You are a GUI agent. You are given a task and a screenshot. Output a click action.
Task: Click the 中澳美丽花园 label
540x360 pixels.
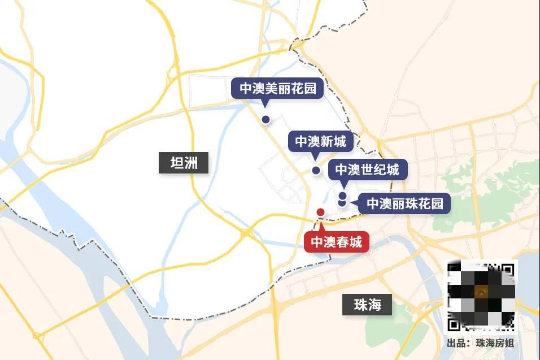[277, 89]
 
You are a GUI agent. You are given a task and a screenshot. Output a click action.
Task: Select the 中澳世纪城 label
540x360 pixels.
[367, 170]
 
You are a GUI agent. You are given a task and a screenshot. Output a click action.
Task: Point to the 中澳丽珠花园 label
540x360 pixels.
[404, 203]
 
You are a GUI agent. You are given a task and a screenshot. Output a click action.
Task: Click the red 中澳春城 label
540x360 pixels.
[337, 242]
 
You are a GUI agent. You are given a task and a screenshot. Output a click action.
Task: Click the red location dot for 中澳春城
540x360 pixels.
[320, 212]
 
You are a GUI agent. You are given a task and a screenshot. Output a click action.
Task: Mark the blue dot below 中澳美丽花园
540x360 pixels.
[265, 119]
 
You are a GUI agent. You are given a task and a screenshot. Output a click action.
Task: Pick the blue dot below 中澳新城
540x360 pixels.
[316, 170]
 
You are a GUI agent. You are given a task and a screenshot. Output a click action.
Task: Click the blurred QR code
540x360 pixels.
[482, 296]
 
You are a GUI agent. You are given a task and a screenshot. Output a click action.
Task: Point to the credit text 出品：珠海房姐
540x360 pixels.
[480, 343]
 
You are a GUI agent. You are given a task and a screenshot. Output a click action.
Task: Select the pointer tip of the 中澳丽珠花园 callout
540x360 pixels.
[351, 200]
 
